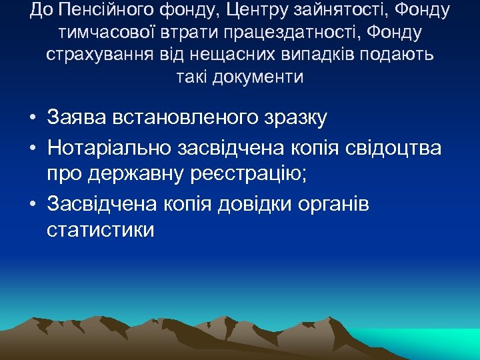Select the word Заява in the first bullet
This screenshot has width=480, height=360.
[75, 118]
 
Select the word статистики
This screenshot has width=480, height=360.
[101, 230]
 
